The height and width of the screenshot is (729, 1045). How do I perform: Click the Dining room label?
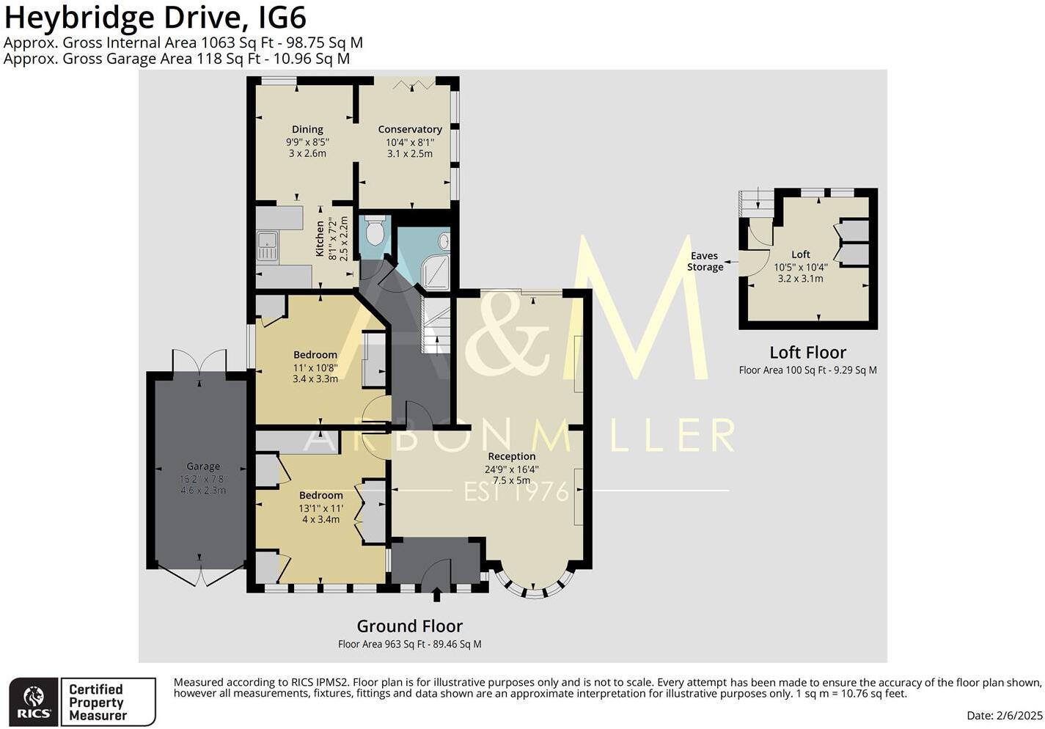tap(307, 130)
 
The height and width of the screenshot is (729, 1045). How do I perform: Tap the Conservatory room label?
tap(410, 130)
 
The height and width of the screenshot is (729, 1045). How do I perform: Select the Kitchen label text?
tap(320, 238)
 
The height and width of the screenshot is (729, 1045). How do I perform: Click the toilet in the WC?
tap(374, 231)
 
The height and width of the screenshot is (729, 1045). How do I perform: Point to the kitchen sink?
tap(267, 246)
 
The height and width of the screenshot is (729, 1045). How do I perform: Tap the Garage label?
tap(203, 466)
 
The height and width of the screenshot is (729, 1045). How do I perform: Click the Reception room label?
tap(512, 457)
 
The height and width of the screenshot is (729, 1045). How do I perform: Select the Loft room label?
tap(801, 254)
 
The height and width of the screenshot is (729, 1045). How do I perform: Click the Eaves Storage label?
tap(705, 262)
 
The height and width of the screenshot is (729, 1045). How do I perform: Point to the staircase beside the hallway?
tap(437, 326)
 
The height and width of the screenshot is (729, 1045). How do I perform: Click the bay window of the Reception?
tap(535, 587)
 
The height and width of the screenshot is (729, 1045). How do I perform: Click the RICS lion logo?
tap(34, 697)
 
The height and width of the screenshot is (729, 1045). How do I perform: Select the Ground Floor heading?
tap(409, 626)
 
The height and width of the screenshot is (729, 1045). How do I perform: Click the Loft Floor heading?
tap(807, 353)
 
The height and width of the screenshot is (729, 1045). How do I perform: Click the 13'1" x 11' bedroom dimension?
tap(320, 508)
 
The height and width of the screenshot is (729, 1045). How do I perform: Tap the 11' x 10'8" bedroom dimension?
tap(315, 367)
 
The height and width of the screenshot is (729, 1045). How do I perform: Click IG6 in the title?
tap(279, 17)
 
